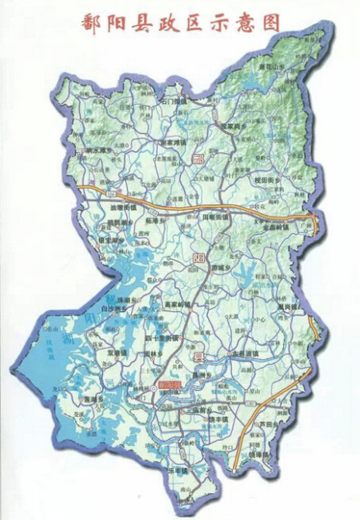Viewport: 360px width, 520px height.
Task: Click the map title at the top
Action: pos(180,23)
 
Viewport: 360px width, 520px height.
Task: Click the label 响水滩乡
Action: pos(89,151)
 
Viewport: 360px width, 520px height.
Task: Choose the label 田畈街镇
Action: pos(217,219)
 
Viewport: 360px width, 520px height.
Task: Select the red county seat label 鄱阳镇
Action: pos(170,383)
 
